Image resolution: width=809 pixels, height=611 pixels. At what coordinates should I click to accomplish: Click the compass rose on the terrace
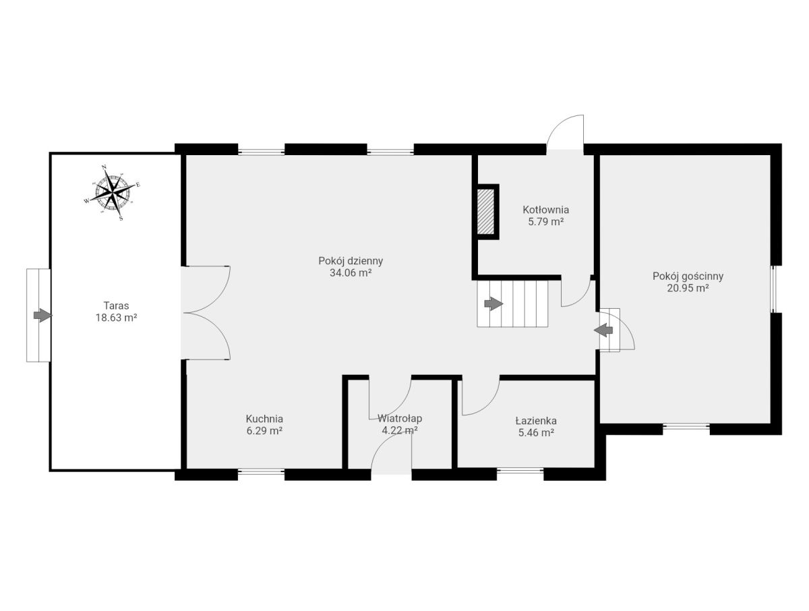[112, 192]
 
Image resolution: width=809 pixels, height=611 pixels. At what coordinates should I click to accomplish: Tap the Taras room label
[116, 305]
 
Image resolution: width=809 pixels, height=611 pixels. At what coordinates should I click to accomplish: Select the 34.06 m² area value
[351, 272]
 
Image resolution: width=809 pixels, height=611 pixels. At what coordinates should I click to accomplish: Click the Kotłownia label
[545, 210]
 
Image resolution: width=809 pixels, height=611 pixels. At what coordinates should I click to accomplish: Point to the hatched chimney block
[486, 212]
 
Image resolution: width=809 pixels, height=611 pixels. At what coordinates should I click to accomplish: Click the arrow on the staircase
[493, 303]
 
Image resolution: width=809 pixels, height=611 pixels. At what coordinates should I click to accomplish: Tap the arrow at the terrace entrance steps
[42, 315]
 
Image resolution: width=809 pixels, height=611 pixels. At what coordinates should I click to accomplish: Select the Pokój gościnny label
[688, 277]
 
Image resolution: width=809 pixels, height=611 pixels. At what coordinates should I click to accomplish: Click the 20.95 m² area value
[688, 288]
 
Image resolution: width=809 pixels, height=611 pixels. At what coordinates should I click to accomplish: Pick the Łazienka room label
[536, 420]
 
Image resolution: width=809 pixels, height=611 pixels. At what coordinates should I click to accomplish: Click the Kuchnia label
[264, 419]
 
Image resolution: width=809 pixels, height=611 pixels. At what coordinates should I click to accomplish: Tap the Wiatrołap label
[400, 418]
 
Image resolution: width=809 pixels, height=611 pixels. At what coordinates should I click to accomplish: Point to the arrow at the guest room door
[603, 330]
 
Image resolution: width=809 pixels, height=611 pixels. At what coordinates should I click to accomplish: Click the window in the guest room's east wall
[775, 289]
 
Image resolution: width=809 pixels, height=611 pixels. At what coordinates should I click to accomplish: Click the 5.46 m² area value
[536, 433]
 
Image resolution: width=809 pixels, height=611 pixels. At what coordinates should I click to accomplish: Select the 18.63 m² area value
[116, 317]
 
